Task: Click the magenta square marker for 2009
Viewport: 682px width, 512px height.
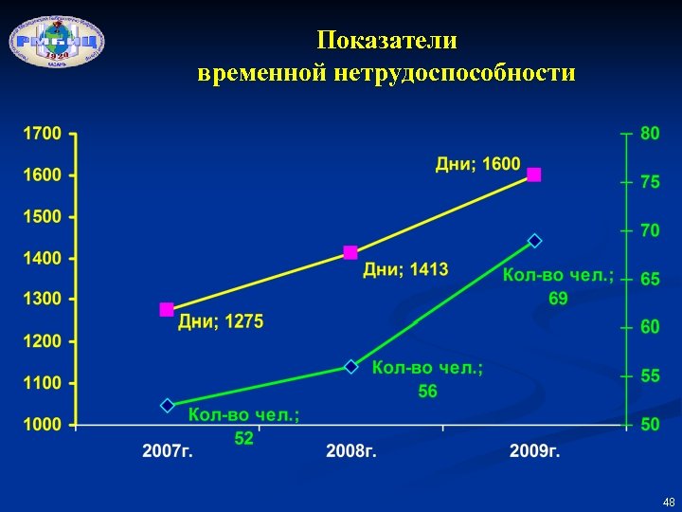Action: (534, 174)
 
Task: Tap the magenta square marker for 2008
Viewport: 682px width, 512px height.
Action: (350, 252)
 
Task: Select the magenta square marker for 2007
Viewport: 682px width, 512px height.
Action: (167, 309)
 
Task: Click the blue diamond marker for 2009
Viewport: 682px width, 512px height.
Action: (534, 241)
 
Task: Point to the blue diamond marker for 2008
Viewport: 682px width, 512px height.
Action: (350, 366)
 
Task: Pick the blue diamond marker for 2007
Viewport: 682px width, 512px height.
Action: (168, 405)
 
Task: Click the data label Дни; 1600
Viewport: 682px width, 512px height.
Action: (477, 164)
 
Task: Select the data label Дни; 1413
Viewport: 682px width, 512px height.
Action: (405, 270)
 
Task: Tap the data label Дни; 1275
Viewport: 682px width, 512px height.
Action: (222, 322)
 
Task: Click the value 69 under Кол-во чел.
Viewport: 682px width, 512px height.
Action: (558, 299)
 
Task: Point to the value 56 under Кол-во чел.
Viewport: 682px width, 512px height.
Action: (427, 391)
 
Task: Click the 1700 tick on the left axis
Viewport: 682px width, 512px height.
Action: (43, 134)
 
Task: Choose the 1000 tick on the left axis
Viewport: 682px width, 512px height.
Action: (43, 425)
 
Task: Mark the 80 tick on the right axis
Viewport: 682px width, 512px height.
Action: (650, 134)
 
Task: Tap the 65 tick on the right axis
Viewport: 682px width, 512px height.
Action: (650, 280)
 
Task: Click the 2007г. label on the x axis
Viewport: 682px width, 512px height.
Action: (168, 450)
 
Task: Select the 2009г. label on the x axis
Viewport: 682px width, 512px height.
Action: (534, 450)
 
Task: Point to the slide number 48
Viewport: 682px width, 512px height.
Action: (669, 502)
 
